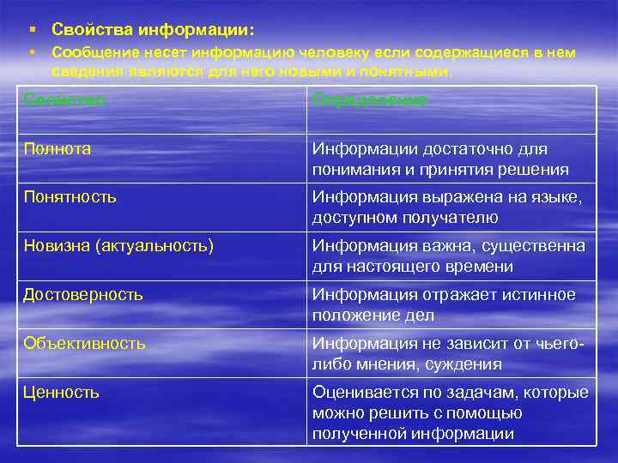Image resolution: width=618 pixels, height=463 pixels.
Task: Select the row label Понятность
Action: pyautogui.click(x=70, y=197)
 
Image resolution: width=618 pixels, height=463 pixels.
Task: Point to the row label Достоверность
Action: pyautogui.click(x=83, y=295)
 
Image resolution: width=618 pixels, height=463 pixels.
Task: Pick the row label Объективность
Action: pyautogui.click(x=85, y=343)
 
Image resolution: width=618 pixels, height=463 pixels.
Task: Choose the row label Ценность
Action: pyautogui.click(x=62, y=392)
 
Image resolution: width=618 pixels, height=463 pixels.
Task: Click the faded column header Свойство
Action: pyautogui.click(x=64, y=100)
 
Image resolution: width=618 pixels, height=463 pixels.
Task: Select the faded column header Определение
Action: pyautogui.click(x=369, y=100)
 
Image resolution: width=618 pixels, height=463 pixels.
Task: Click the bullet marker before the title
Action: pyautogui.click(x=31, y=30)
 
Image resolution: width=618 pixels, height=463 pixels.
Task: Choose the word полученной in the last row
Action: pyautogui.click(x=355, y=433)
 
